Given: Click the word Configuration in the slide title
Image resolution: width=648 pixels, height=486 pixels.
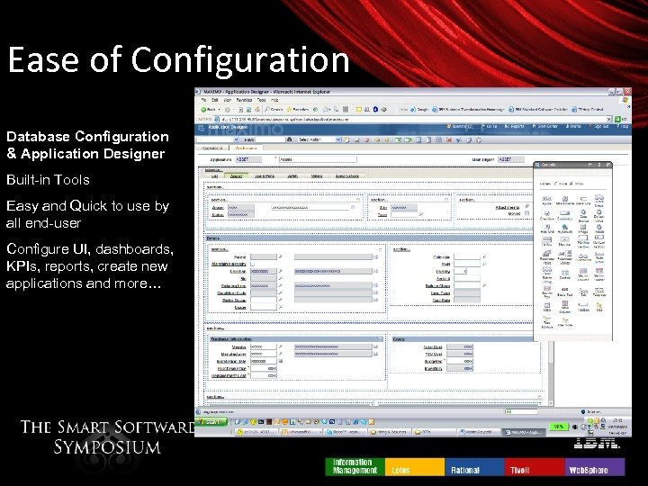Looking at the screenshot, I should [x=240, y=60].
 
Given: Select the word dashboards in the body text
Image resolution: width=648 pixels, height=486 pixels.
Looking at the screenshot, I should [x=132, y=248].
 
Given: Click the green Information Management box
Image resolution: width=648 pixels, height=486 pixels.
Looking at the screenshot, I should [x=355, y=466].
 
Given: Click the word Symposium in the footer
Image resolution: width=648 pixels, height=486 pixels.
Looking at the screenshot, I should [x=106, y=446].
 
